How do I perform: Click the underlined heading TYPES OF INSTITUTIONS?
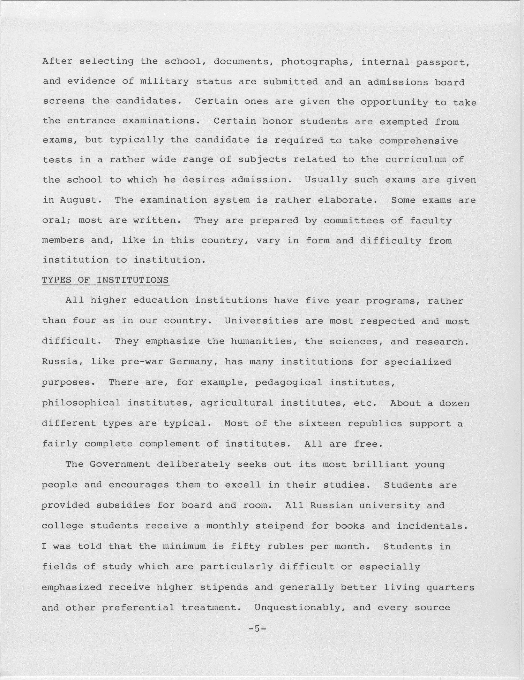pos(105,280)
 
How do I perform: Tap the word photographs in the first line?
pos(317,62)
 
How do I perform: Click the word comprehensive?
pos(418,141)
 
